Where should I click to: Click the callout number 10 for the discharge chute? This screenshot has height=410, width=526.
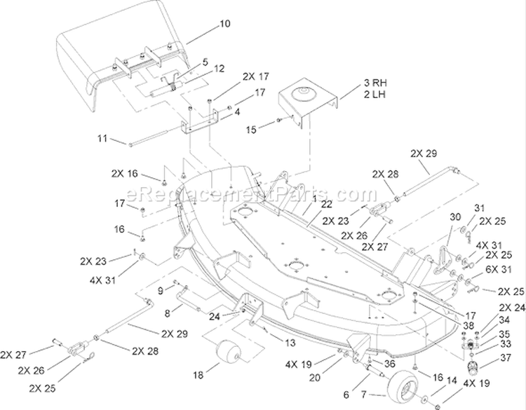(x=225, y=24)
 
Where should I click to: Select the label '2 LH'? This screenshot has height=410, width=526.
(x=375, y=95)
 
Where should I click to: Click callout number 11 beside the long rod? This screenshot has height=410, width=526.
(x=102, y=139)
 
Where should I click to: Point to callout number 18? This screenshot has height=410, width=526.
(x=198, y=375)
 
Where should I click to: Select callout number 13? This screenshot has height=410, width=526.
(x=290, y=343)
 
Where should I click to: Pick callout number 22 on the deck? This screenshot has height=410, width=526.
(x=326, y=204)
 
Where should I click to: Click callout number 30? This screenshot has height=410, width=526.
(x=455, y=217)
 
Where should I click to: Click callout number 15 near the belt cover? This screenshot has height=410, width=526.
(x=251, y=130)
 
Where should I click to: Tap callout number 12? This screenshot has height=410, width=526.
(x=219, y=69)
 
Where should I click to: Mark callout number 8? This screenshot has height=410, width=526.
(x=167, y=313)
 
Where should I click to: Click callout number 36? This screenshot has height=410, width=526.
(x=389, y=364)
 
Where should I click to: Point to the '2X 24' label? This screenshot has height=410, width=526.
(x=512, y=308)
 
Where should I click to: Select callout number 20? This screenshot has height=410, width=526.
(x=314, y=378)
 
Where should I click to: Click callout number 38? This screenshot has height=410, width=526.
(x=469, y=325)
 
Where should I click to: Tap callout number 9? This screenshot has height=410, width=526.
(x=161, y=291)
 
